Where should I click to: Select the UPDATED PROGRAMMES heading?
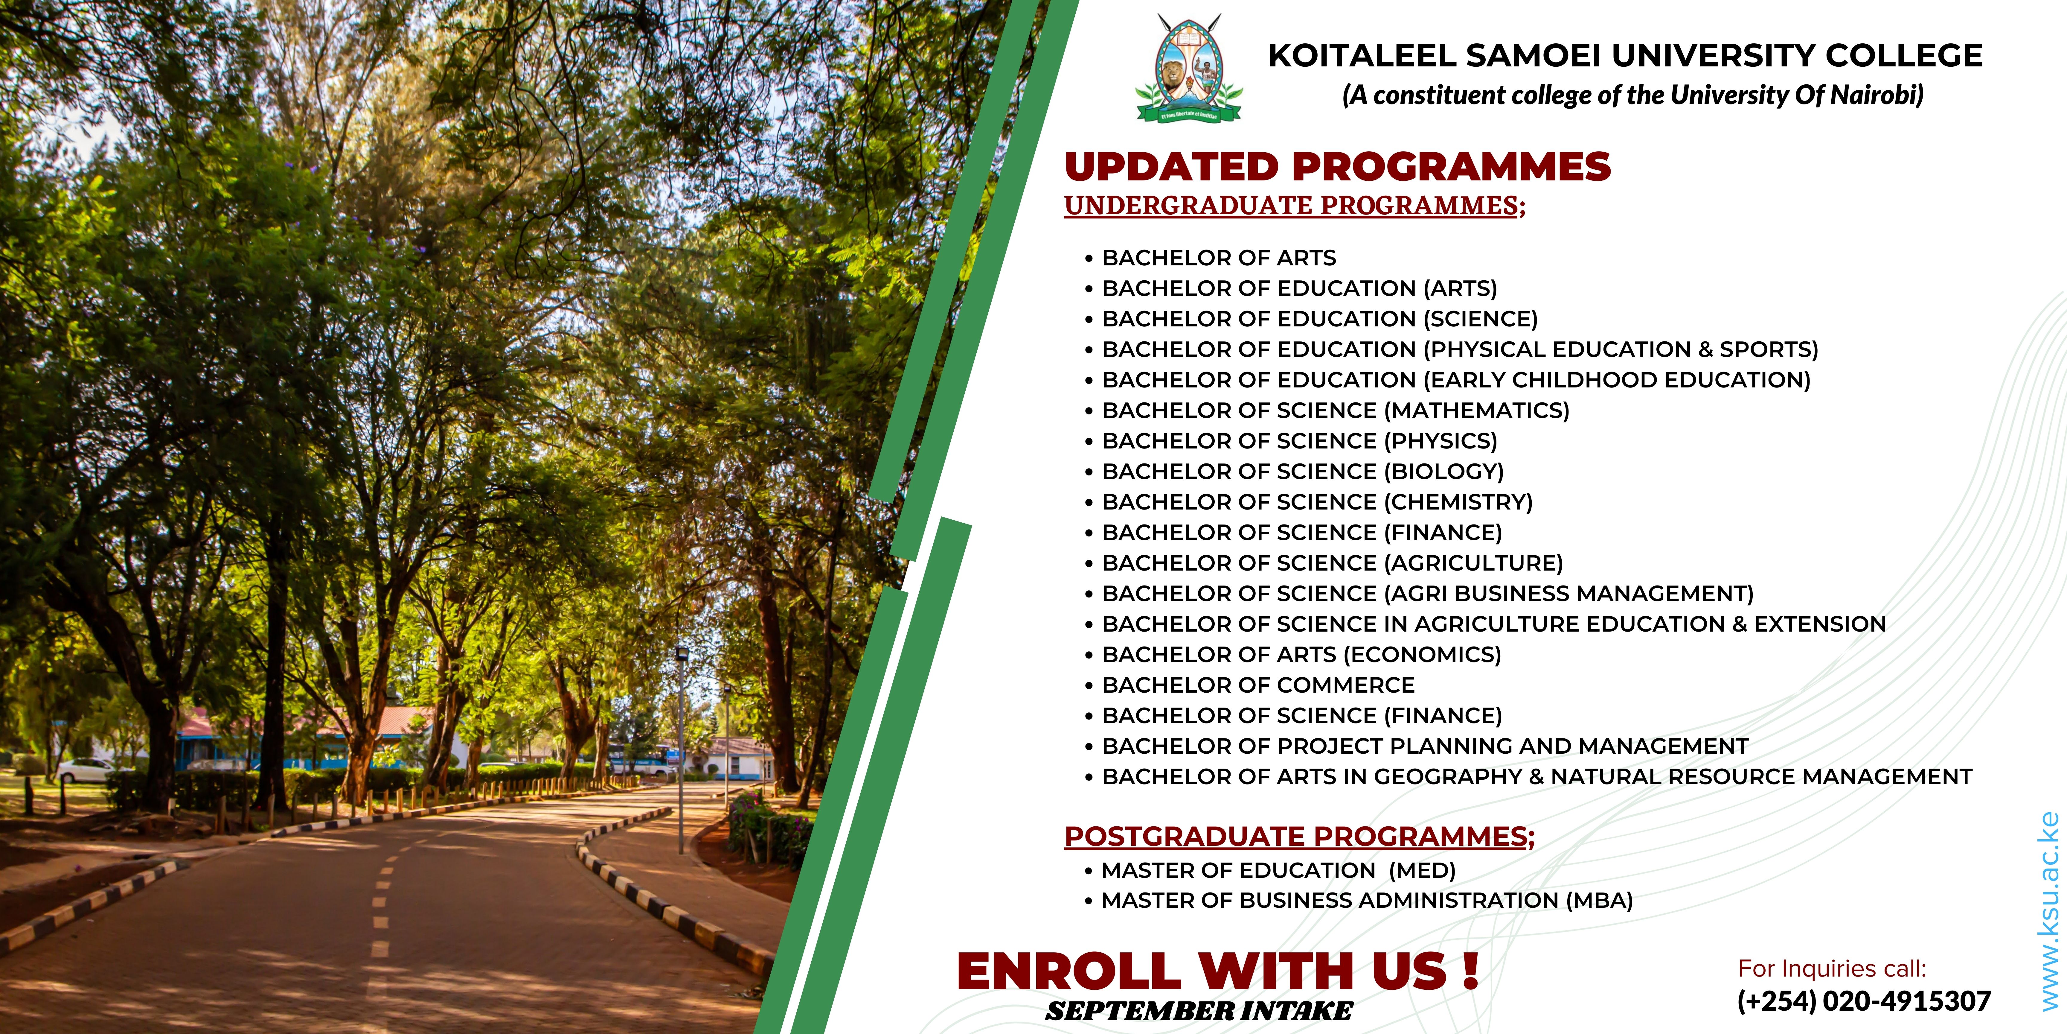pos(1338,167)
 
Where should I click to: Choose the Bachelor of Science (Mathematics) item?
pos(1335,410)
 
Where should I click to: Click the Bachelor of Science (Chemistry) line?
pos(1317,502)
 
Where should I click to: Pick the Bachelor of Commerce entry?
pos(1258,685)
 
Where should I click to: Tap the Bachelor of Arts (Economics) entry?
pos(1301,654)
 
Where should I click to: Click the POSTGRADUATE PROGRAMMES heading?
pos(1299,837)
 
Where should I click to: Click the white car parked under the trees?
pos(84,771)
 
